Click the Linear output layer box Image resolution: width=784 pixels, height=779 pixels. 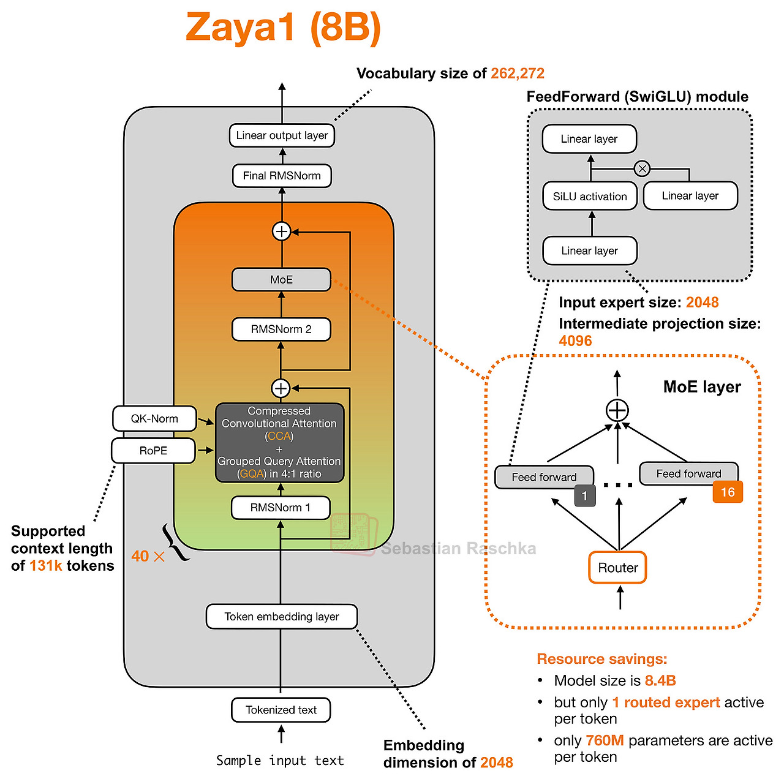(x=282, y=135)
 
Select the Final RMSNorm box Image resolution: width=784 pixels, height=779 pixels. (x=282, y=176)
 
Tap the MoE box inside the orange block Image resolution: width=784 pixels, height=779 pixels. (x=281, y=280)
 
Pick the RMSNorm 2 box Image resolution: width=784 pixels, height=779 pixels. (x=281, y=329)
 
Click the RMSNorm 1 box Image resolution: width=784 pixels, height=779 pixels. (x=281, y=508)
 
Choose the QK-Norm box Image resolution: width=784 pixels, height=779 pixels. (x=154, y=418)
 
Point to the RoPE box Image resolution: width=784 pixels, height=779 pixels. (x=153, y=451)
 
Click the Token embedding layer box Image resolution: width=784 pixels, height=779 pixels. (x=282, y=617)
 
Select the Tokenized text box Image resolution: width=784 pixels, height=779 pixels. (x=281, y=710)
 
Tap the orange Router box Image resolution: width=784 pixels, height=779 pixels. (x=617, y=567)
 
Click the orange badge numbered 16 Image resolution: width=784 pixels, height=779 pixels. (x=728, y=492)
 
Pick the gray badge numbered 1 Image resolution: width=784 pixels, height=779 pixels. (x=585, y=495)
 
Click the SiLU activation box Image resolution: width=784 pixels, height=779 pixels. (x=589, y=196)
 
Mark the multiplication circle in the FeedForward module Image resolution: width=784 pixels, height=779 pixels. (x=642, y=168)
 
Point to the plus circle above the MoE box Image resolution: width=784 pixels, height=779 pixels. (x=281, y=231)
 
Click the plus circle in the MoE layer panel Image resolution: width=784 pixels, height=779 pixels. (x=617, y=410)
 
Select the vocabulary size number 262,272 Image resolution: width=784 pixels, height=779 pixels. (x=517, y=73)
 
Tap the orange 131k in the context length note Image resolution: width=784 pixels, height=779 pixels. (x=45, y=566)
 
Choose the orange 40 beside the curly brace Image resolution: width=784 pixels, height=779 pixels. (x=140, y=556)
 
